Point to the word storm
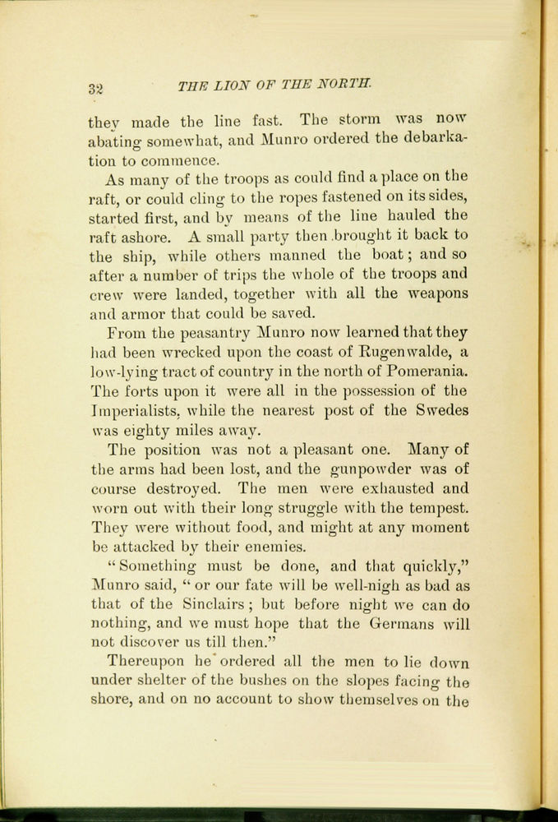point(362,120)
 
